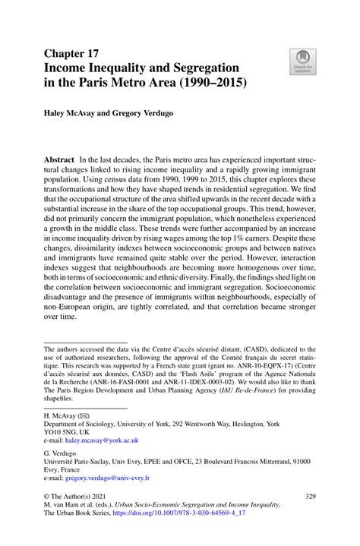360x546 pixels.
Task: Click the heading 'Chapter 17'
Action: pyautogui.click(x=73, y=53)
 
